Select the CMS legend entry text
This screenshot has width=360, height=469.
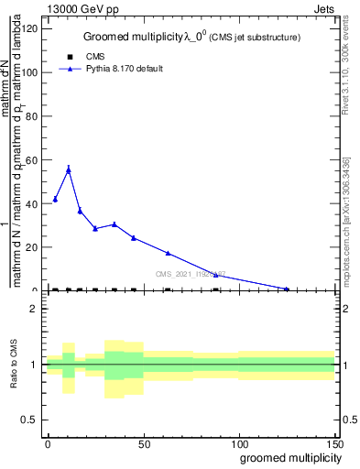[x=95, y=57]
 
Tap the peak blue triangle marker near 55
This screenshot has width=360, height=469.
[x=68, y=169]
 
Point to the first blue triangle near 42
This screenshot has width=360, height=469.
[x=55, y=199]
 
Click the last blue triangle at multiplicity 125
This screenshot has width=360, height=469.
[x=287, y=289]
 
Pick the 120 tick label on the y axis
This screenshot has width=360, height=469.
[x=31, y=28]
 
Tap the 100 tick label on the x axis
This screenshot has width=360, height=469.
[x=238, y=442]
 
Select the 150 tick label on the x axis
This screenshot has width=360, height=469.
[x=334, y=442]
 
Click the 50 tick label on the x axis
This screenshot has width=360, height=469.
[x=143, y=442]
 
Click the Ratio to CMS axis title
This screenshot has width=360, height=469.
[x=15, y=365]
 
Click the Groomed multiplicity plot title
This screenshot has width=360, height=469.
[x=191, y=38]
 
